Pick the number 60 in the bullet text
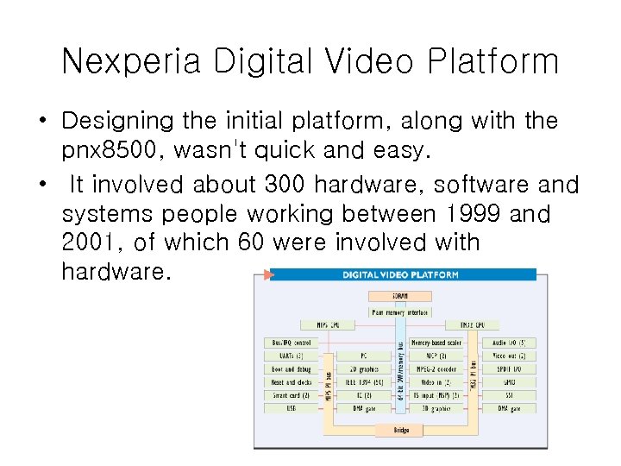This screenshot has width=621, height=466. (x=250, y=243)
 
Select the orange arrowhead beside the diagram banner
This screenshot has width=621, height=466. (x=267, y=274)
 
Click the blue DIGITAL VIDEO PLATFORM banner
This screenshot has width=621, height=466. (x=401, y=274)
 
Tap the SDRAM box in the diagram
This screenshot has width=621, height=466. (x=399, y=296)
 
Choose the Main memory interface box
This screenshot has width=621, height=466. (x=399, y=312)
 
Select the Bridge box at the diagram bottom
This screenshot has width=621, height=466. (x=401, y=429)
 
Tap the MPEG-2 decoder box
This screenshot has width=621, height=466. (x=436, y=368)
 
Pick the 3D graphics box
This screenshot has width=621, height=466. (x=436, y=408)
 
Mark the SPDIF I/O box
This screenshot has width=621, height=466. (x=508, y=368)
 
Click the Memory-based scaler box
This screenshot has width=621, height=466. (x=436, y=343)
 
